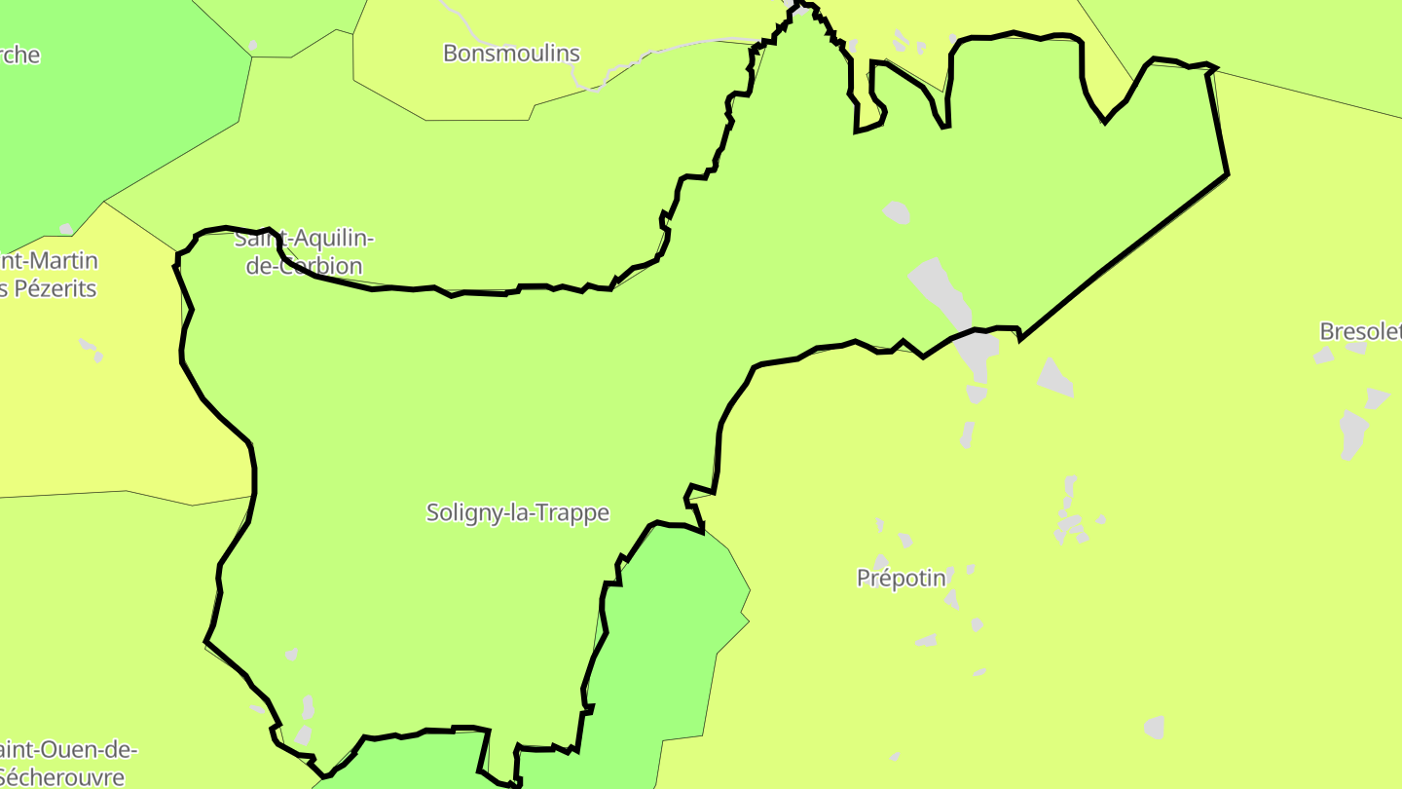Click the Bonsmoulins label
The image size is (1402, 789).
pyautogui.click(x=511, y=54)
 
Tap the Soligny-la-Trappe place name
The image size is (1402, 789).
pyautogui.click(x=518, y=512)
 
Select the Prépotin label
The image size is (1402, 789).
pyautogui.click(x=901, y=579)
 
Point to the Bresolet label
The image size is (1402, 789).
pyautogui.click(x=1360, y=331)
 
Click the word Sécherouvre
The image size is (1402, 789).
pyautogui.click(x=62, y=776)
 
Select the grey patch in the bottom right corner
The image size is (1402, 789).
pyautogui.click(x=1155, y=727)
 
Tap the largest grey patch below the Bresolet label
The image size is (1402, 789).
pyautogui.click(x=1352, y=432)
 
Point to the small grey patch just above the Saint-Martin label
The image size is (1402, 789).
pyautogui.click(x=66, y=230)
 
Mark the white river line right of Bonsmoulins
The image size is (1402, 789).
pyautogui.click(x=682, y=46)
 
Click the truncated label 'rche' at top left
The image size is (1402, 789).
pyautogui.click(x=19, y=55)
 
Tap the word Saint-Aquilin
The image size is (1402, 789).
pyautogui.click(x=304, y=239)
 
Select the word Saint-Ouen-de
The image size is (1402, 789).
pyautogui.click(x=68, y=750)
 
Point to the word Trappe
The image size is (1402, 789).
pyautogui.click(x=578, y=512)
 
